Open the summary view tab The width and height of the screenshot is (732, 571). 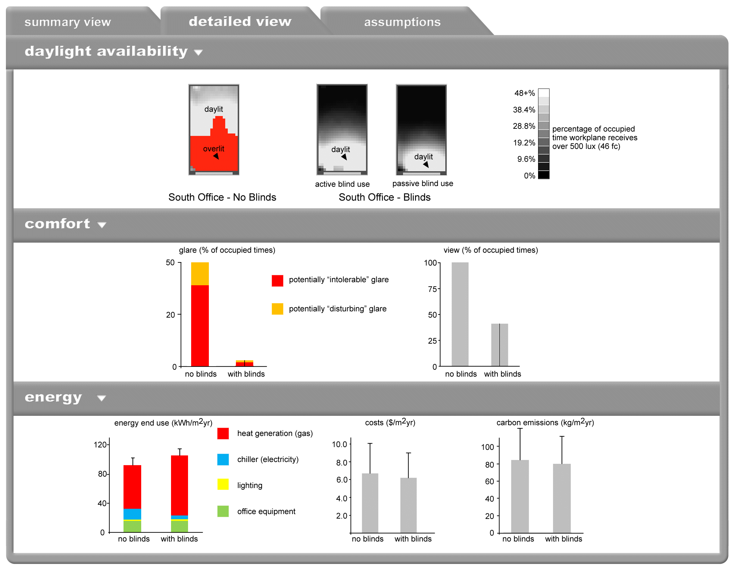(68, 22)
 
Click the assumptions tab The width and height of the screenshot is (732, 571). (402, 22)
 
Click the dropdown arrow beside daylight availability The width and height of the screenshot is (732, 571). (198, 52)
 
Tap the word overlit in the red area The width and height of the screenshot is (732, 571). (213, 149)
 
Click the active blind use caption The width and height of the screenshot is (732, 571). (342, 184)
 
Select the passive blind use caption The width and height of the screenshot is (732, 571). (423, 183)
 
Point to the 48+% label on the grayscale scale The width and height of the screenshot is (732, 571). (524, 93)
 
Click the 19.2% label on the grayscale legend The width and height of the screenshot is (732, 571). (524, 143)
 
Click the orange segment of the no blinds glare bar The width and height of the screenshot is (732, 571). (200, 274)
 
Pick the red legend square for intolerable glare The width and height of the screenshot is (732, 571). (277, 280)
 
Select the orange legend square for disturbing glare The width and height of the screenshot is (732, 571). (277, 309)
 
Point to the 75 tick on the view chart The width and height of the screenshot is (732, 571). (432, 289)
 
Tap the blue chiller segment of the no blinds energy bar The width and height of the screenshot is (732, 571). (132, 514)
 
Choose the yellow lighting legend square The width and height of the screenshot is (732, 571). (223, 484)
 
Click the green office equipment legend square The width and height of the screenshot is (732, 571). (223, 511)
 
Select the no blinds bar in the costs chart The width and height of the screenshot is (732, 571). (370, 503)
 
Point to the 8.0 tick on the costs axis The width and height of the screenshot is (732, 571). (341, 462)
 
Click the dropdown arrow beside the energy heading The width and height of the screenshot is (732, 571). (101, 398)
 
